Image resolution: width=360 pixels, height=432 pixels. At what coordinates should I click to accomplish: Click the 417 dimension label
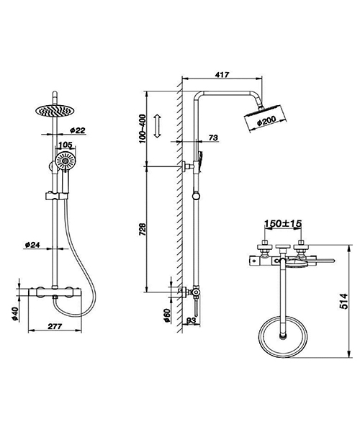coord(222,73)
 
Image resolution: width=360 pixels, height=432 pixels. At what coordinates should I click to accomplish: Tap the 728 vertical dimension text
coord(143,230)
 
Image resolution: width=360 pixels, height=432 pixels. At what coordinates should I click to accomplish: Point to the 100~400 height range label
coord(143,128)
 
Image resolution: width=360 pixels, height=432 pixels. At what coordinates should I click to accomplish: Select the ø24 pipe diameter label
coord(32,245)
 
